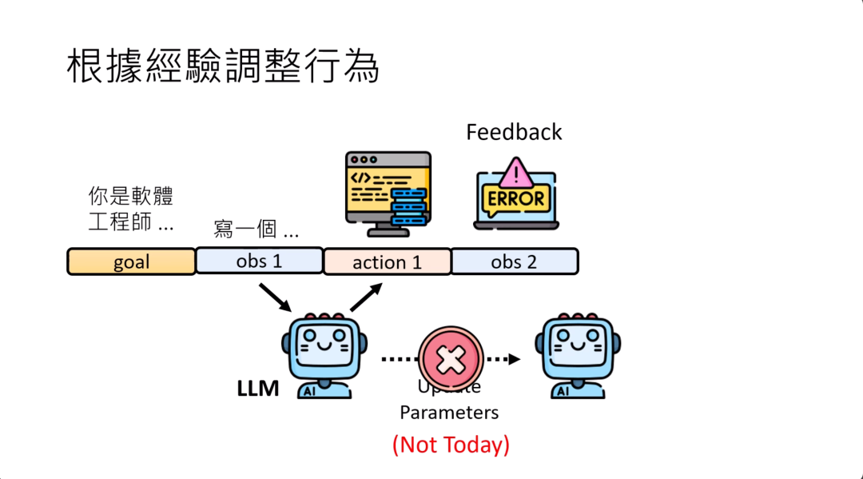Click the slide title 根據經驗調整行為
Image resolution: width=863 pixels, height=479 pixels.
[223, 67]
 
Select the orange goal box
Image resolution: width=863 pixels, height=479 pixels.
[131, 262]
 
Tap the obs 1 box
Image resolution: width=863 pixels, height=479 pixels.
[259, 261]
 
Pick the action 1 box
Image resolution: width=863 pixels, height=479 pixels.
[387, 262]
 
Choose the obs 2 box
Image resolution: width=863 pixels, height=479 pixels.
[515, 261]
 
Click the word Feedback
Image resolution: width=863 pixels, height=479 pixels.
[514, 132]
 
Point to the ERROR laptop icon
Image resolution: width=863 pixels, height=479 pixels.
[516, 194]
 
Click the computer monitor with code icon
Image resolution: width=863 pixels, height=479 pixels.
[388, 193]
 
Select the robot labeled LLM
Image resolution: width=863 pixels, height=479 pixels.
[324, 355]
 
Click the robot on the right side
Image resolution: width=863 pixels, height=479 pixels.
[579, 355]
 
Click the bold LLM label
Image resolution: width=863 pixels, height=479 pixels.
[257, 389]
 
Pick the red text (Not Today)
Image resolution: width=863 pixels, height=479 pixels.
[451, 444]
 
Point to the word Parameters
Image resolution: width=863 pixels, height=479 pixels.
[449, 413]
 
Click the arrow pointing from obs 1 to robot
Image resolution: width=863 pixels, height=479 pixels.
[276, 297]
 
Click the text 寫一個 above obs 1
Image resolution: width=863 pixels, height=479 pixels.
[256, 231]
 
